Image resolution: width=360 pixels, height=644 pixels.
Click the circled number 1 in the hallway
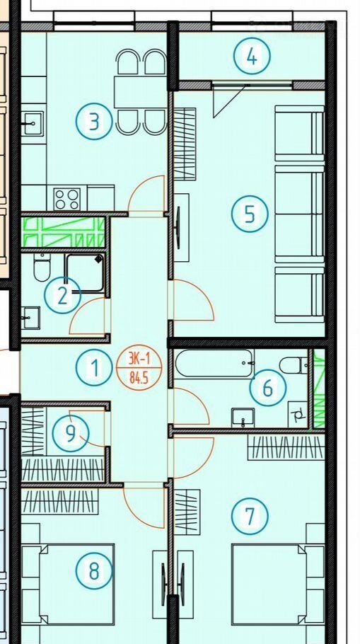pos(94,367)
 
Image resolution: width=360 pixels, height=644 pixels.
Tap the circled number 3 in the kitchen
pos(94,122)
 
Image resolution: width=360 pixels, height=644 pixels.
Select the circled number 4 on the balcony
pos(252,57)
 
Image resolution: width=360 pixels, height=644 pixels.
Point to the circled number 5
pos(250,214)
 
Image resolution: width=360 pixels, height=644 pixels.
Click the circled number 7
pos(250,517)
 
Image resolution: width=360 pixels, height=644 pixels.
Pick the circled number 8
pos(94,571)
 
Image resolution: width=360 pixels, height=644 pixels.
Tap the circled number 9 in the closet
pos(71,433)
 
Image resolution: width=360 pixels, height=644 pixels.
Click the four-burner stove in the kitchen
pos(66,199)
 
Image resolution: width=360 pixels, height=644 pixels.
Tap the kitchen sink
pos(33,123)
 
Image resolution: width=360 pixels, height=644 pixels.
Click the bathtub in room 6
pos(214,364)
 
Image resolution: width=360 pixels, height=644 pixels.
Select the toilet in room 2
pos(42,268)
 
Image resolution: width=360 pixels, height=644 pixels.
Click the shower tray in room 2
pos(85,272)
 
